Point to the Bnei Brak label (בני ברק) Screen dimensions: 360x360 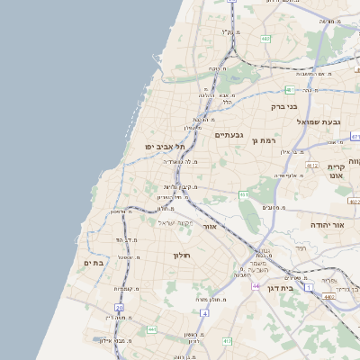(x=283, y=106)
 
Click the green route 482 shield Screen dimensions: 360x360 (x=265, y=39)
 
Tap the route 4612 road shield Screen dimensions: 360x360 (x=312, y=166)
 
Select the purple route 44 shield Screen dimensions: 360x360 (x=256, y=286)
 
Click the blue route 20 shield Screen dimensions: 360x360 (x=119, y=308)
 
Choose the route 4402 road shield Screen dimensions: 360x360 (x=328, y=295)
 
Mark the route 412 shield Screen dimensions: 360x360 (x=227, y=342)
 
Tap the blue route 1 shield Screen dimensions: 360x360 (x=283, y=274)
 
